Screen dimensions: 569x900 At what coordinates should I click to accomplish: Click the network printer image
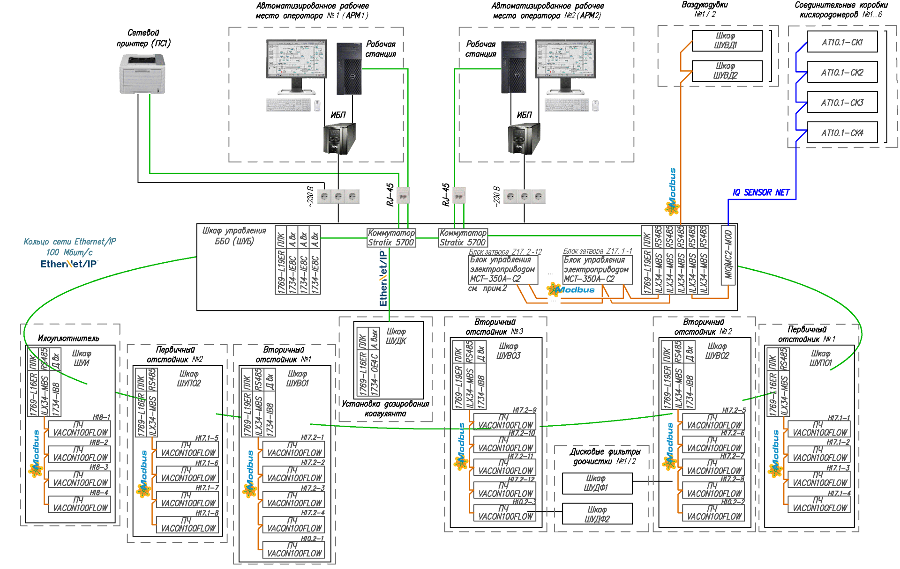click(x=142, y=74)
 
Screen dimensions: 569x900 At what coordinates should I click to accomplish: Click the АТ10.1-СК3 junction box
click(x=842, y=103)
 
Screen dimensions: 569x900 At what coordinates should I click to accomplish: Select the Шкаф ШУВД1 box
click(x=727, y=41)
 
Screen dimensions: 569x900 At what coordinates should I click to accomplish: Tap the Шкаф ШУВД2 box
click(x=727, y=71)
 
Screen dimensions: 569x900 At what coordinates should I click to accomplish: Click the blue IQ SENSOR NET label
click(x=761, y=192)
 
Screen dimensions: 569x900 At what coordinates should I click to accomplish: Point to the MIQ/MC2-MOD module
click(x=728, y=255)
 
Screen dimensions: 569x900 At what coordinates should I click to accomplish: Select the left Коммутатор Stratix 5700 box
click(x=391, y=238)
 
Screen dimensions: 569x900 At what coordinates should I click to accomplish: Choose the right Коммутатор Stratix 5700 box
click(x=463, y=238)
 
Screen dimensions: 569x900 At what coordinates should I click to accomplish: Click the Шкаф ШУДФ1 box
click(x=597, y=483)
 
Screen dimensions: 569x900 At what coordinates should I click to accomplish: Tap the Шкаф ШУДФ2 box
click(x=597, y=514)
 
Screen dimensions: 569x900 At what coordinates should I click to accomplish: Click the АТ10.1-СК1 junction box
click(x=842, y=42)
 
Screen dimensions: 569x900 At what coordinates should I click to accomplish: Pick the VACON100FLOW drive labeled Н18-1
click(x=80, y=429)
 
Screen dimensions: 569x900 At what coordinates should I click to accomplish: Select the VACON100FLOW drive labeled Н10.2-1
click(x=293, y=550)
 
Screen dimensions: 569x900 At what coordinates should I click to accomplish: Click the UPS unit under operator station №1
click(x=339, y=138)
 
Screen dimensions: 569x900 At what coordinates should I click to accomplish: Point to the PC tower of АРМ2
click(x=513, y=67)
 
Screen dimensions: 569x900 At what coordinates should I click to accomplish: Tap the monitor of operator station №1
click(x=296, y=63)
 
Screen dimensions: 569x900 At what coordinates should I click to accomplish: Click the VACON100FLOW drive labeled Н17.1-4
click(x=819, y=505)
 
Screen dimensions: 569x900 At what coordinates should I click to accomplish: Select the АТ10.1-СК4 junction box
click(x=842, y=133)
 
